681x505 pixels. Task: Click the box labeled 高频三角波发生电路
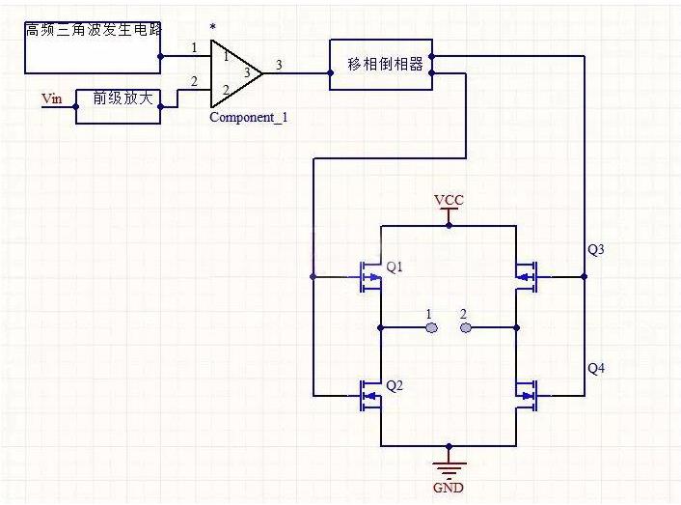[x=93, y=45]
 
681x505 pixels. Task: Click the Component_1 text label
[x=248, y=118]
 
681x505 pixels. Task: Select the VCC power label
[x=449, y=200]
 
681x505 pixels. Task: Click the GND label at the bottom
[x=449, y=488]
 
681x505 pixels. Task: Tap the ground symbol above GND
[x=449, y=467]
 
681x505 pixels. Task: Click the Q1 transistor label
[x=395, y=267]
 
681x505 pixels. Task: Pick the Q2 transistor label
[x=395, y=386]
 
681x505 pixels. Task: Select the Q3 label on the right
[x=596, y=250]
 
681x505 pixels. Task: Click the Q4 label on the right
[x=596, y=368]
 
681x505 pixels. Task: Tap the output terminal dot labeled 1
[x=432, y=328]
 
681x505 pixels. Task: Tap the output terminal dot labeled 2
[x=466, y=328]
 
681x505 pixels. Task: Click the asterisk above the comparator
[x=213, y=28]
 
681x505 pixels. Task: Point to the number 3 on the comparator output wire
[x=279, y=65]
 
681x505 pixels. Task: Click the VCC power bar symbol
[x=449, y=212]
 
